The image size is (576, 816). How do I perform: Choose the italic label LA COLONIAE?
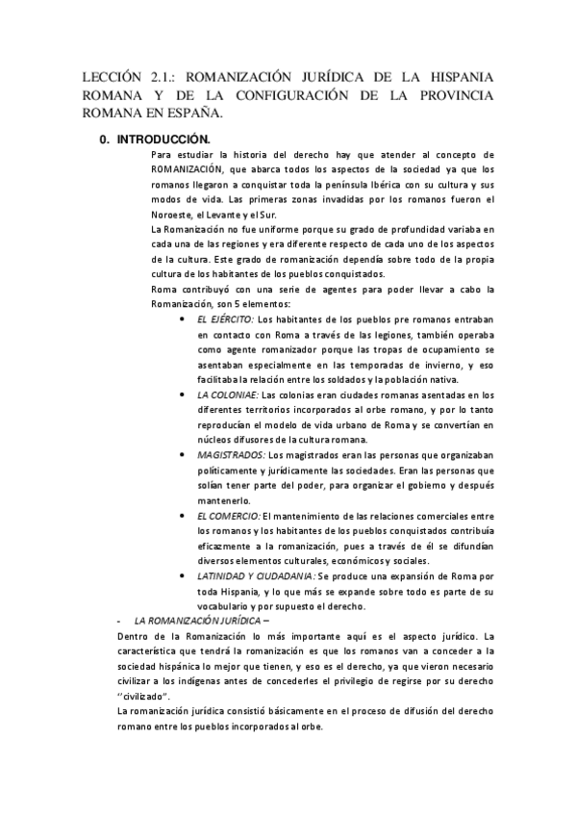pos(228,395)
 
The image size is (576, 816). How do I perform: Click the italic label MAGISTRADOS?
pos(231,454)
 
